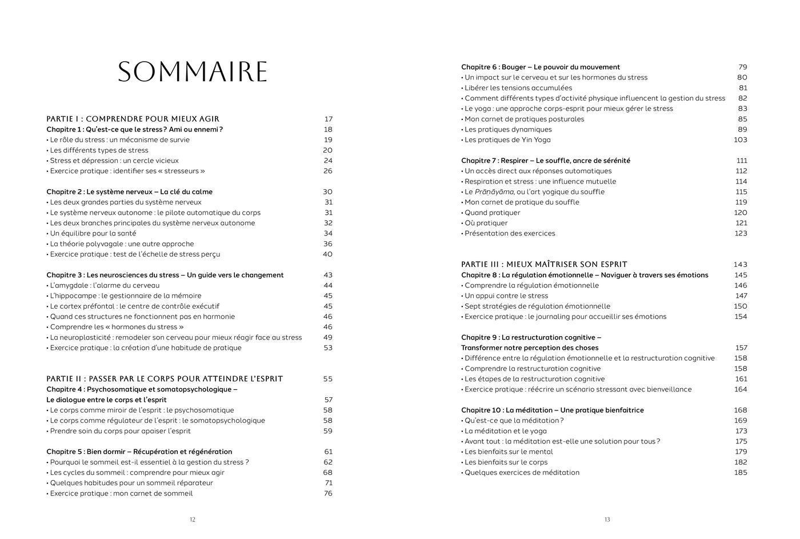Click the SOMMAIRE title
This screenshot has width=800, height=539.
193,72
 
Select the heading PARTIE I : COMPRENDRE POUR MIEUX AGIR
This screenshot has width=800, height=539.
133,119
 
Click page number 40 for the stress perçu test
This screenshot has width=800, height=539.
327,254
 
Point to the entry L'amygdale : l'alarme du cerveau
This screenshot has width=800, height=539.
105,285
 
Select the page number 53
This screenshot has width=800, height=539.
327,348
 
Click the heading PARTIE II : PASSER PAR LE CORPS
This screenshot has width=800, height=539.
165,378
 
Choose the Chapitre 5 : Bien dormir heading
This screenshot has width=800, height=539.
139,452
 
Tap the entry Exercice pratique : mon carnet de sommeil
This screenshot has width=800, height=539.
121,493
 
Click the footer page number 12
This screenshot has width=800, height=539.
193,520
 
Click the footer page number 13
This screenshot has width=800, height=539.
607,520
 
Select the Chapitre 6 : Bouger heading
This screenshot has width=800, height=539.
540,67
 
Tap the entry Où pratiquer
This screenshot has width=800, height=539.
486,223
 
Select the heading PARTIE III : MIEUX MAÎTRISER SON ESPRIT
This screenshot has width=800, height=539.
544,264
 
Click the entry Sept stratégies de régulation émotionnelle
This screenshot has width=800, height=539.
537,306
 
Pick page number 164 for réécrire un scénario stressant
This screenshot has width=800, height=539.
741,389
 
